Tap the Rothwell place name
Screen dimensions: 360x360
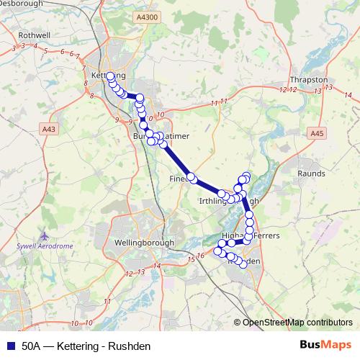[33, 34]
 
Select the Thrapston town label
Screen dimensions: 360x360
[308, 80]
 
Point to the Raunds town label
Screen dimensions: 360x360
[311, 174]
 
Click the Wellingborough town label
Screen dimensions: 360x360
[146, 242]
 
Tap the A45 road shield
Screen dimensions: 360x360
[318, 133]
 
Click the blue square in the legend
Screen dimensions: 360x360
[11, 346]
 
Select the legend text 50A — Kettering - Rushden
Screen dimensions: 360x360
[86, 346]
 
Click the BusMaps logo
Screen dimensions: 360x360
[325, 345]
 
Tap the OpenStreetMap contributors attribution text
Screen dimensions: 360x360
[297, 323]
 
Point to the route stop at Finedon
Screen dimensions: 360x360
[192, 177]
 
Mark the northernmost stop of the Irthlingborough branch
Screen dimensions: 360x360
[246, 176]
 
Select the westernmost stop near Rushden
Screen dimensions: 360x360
[217, 251]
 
